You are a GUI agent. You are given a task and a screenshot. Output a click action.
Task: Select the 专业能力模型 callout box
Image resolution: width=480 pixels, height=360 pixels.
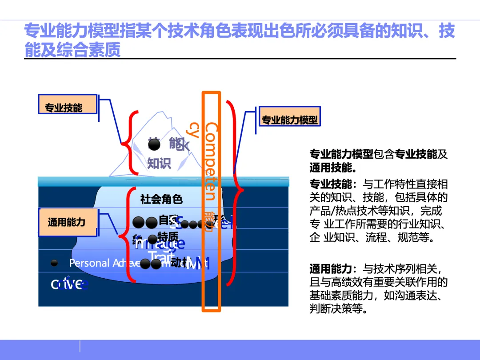point(289,119)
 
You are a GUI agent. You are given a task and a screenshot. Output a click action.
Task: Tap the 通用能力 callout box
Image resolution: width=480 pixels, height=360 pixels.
point(68,222)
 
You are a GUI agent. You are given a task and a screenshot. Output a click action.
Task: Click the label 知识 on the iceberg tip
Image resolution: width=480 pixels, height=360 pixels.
point(159,163)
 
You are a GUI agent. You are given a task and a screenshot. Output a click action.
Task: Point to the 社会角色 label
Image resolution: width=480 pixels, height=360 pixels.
point(161,199)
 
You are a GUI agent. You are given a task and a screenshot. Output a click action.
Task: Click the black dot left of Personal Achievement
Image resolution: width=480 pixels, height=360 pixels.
point(54,263)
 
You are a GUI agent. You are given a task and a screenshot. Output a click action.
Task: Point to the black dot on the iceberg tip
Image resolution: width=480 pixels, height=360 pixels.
point(154,144)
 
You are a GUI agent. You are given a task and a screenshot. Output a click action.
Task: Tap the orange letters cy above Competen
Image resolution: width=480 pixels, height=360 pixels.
point(193,129)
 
